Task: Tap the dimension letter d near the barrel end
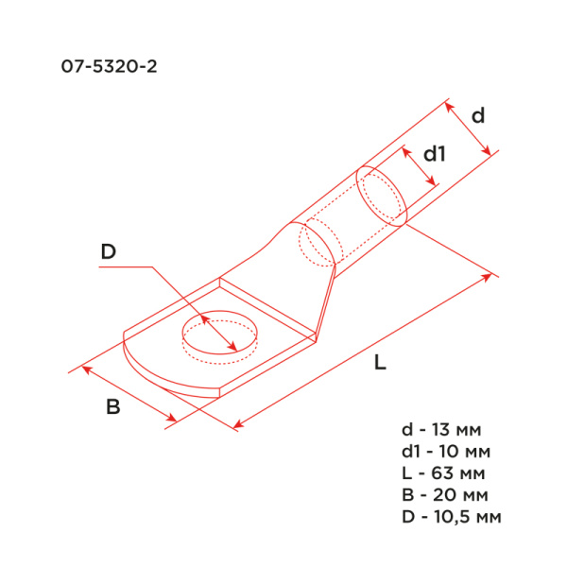478,115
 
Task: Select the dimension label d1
433,153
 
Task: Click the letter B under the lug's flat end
113,408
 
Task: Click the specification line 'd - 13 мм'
446,431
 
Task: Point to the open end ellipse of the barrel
382,197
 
